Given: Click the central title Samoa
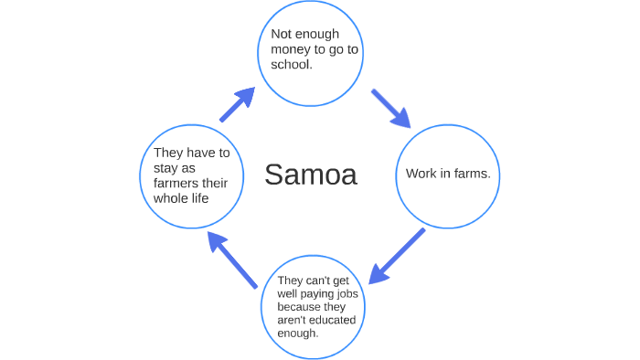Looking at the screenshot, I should [x=311, y=175].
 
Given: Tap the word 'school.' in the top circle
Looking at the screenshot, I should [x=293, y=66].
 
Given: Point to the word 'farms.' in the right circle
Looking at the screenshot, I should [x=474, y=174].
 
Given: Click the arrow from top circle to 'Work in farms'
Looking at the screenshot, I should [x=391, y=109].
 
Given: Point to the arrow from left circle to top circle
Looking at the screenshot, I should [x=237, y=105].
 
